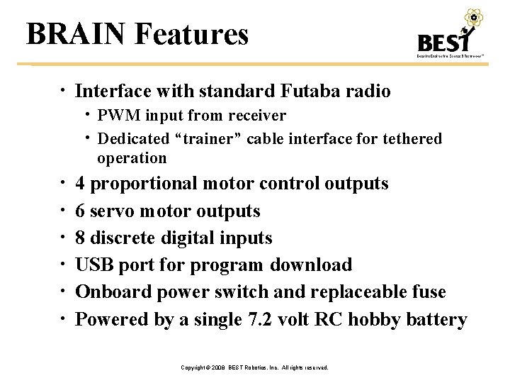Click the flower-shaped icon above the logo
(x=472, y=18)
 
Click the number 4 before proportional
(x=81, y=184)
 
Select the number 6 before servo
(x=81, y=211)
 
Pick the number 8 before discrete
(x=81, y=238)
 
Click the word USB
(x=93, y=265)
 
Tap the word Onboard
(x=110, y=292)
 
